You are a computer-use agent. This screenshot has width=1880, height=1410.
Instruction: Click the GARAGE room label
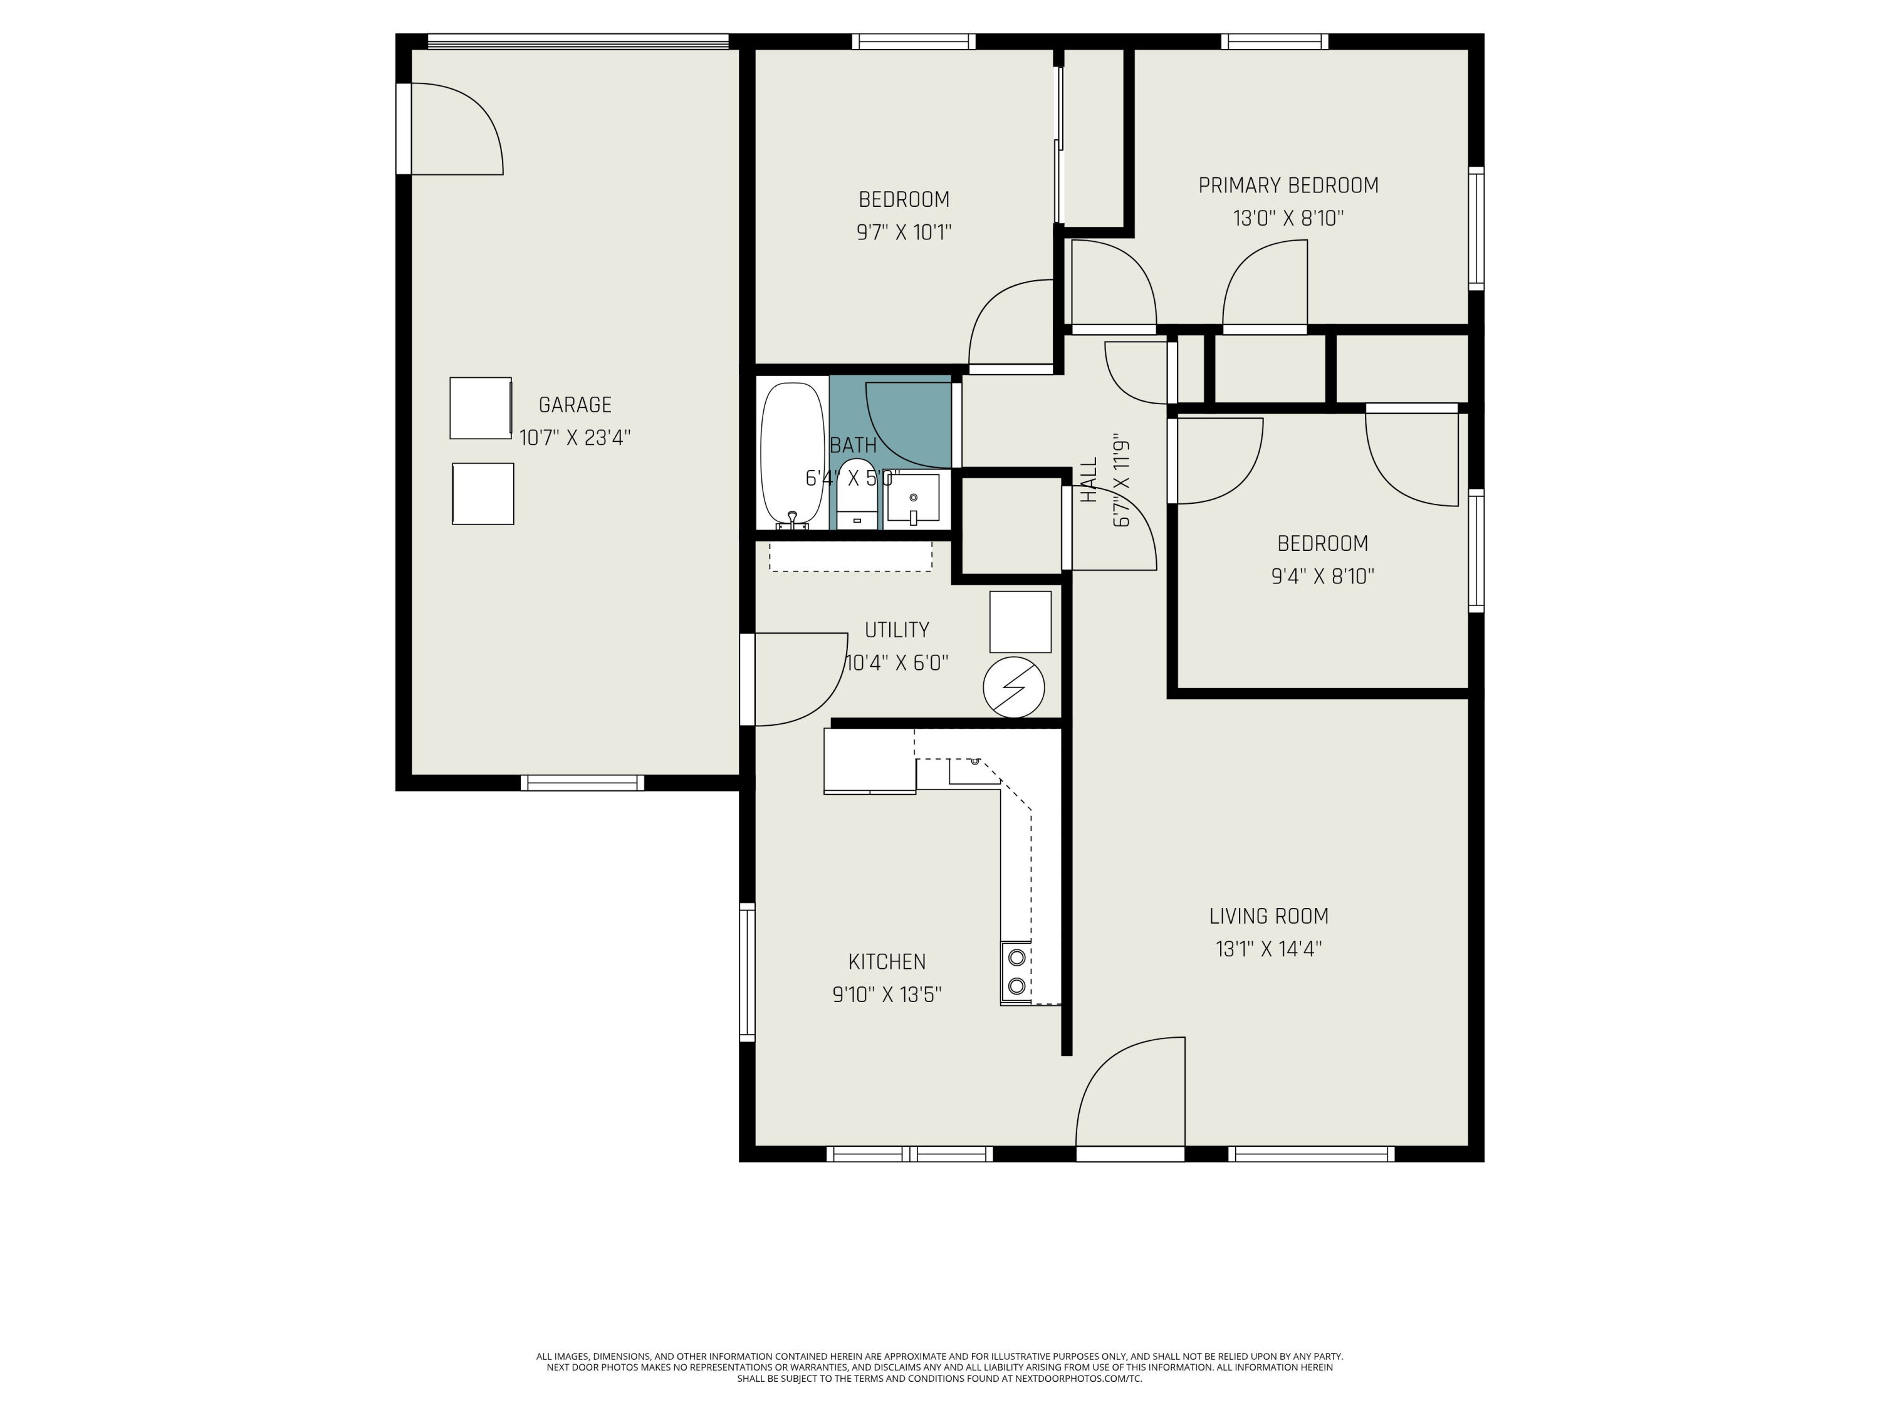click(575, 405)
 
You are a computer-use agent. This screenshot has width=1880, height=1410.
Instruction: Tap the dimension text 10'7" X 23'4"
click(575, 437)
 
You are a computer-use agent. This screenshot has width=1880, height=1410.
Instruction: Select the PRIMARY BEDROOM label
click(1288, 185)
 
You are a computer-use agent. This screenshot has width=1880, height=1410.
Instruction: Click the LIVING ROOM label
click(1268, 916)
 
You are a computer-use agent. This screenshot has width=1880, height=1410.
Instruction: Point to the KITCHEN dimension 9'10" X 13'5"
click(887, 995)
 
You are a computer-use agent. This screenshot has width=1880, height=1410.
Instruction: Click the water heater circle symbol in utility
click(1013, 687)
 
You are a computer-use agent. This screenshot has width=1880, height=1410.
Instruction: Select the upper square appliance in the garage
click(480, 408)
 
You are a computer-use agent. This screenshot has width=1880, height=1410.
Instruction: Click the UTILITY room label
click(897, 630)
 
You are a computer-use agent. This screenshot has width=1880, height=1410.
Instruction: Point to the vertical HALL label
click(1089, 480)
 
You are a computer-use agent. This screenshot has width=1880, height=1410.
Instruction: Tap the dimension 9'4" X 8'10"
click(1322, 577)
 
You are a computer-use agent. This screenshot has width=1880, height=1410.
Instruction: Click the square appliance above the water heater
click(1020, 621)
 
